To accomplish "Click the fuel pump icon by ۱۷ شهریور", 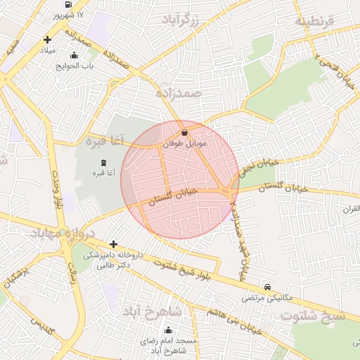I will [x=67, y=4].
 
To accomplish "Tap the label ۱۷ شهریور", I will [x=68, y=15].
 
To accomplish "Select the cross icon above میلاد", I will [x=47, y=40].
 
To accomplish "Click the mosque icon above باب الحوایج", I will [x=74, y=56].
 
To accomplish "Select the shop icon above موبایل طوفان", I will [x=184, y=132].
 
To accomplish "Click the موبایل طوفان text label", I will [x=183, y=143].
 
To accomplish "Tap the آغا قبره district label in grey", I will [x=105, y=141].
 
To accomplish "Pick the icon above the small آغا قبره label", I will [x=104, y=162].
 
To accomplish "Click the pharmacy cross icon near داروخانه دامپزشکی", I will [x=113, y=244].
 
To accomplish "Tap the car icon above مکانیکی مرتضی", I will [x=268, y=287].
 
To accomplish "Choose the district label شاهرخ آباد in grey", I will [x=153, y=311].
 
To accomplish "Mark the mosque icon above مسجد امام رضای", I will [x=168, y=330].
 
